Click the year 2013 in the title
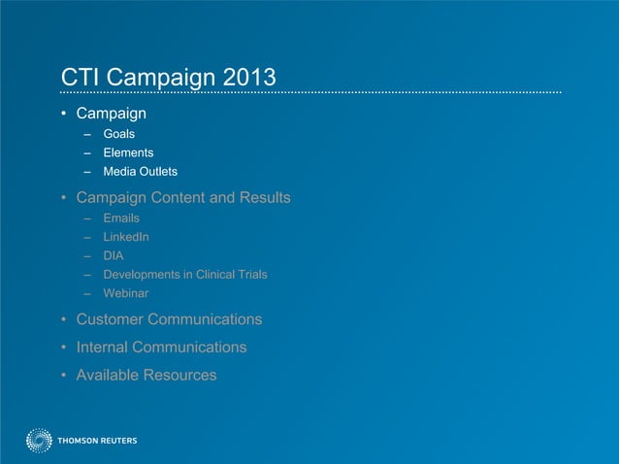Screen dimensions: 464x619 [x=247, y=77]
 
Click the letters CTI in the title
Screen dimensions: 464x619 [x=80, y=77]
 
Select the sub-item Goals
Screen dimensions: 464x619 [x=119, y=134]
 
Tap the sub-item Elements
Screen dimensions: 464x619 [x=128, y=152]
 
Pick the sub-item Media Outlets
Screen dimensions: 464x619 [x=140, y=172]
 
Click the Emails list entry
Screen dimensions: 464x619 [x=121, y=218]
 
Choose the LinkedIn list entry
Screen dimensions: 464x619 [x=126, y=237]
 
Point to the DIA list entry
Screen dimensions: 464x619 [x=114, y=255]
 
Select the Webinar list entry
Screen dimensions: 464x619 [x=126, y=292]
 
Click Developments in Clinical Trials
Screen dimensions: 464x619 [x=185, y=274]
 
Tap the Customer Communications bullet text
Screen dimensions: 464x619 [x=169, y=319]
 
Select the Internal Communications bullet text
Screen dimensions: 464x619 [x=161, y=347]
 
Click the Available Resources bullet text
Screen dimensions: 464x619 [x=147, y=375]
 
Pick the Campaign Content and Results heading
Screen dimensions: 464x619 [x=183, y=198]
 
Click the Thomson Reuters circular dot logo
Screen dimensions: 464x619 [x=39, y=441]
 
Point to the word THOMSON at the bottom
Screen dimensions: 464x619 [x=78, y=441]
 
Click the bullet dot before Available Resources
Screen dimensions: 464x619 [x=64, y=376]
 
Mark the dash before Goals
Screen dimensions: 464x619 [x=86, y=134]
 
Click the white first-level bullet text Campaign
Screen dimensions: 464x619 [x=111, y=113]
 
